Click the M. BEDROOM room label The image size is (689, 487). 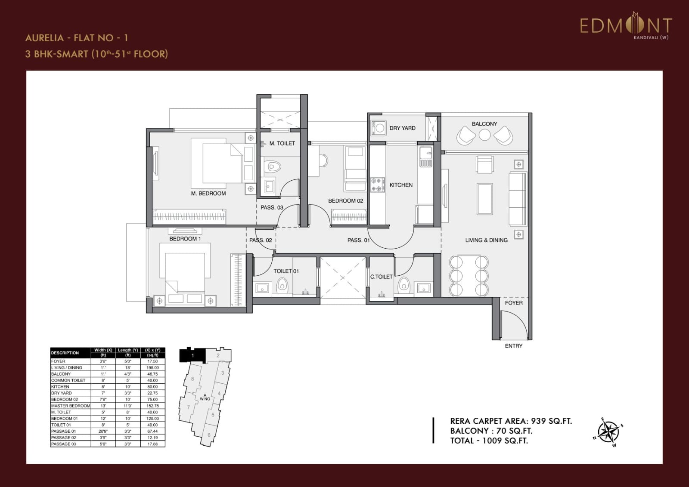click(x=208, y=194)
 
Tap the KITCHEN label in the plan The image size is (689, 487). click(x=401, y=185)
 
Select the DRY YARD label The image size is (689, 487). click(x=402, y=128)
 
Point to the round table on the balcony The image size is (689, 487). click(x=484, y=135)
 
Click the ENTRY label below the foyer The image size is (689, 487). click(x=513, y=346)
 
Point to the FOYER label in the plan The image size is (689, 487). click(x=513, y=303)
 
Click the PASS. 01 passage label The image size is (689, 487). click(x=358, y=240)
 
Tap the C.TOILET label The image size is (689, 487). click(x=382, y=277)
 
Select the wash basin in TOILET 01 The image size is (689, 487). click(x=262, y=288)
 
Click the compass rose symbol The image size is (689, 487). click(x=608, y=432)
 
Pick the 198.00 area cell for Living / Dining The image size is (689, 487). click(x=152, y=368)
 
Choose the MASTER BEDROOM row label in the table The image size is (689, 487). click(x=71, y=406)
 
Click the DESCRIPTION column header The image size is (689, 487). click(x=65, y=353)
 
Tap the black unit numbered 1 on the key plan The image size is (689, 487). click(x=192, y=355)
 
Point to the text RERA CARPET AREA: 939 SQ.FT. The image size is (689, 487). click(x=511, y=421)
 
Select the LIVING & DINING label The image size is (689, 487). click(x=486, y=240)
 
